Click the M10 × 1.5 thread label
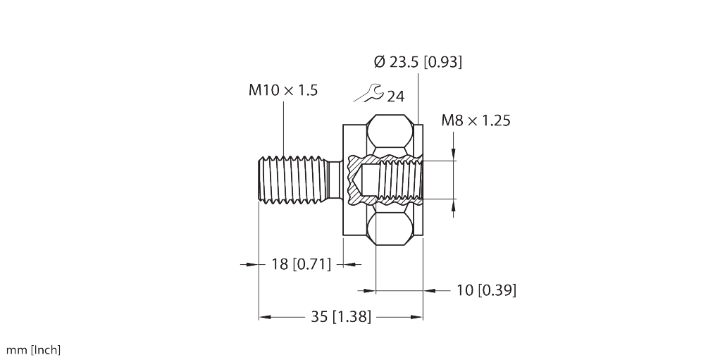(283, 90)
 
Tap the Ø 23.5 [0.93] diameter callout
(418, 61)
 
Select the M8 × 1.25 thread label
(476, 120)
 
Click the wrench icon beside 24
(368, 93)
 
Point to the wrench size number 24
(396, 97)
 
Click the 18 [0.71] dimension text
(302, 264)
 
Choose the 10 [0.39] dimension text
(486, 290)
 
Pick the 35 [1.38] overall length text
(341, 317)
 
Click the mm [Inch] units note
(33, 350)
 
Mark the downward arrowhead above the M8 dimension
(454, 154)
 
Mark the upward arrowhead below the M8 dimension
(454, 205)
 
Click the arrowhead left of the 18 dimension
(252, 264)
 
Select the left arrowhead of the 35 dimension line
(265, 317)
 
